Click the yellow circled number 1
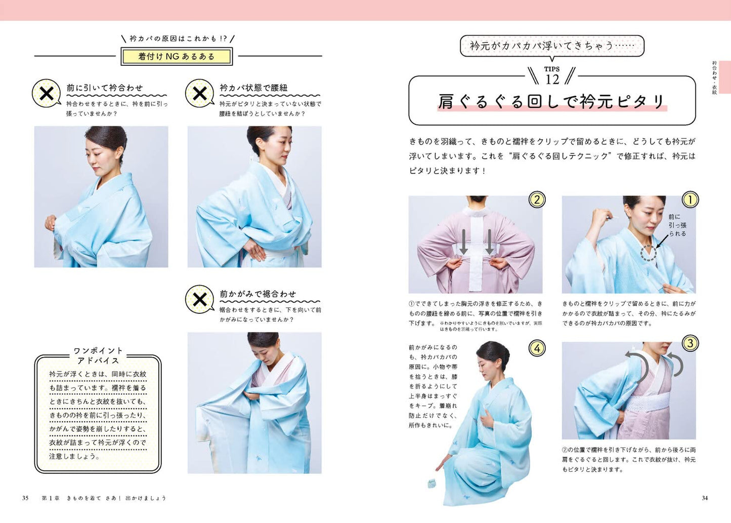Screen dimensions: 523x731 pos(690,199)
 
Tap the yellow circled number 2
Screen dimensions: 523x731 pos(537,199)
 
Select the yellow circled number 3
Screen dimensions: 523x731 pos(690,343)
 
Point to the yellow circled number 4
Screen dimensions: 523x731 pos(537,348)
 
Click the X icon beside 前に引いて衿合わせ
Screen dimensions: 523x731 pos(47,93)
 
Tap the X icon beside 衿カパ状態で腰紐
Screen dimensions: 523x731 pos(200,93)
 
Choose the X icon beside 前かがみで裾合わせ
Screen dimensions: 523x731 pos(200,299)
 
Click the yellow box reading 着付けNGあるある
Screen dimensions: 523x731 pos(177,56)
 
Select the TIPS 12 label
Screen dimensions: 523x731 pos(552,76)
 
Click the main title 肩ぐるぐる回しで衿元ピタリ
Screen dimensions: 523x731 pos(551,101)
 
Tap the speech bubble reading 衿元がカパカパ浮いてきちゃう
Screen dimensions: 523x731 pos(551,46)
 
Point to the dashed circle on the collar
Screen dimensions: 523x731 pos(649,253)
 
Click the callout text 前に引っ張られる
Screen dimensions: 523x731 pos(677,225)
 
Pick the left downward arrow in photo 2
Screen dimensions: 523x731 pos(463,242)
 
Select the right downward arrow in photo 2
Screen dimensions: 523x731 pos(489,242)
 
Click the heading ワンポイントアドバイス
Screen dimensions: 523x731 pos(98,355)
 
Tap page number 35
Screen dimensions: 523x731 pos(25,498)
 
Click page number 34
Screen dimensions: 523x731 pos(705,498)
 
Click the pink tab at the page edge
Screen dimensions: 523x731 pos(724,77)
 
